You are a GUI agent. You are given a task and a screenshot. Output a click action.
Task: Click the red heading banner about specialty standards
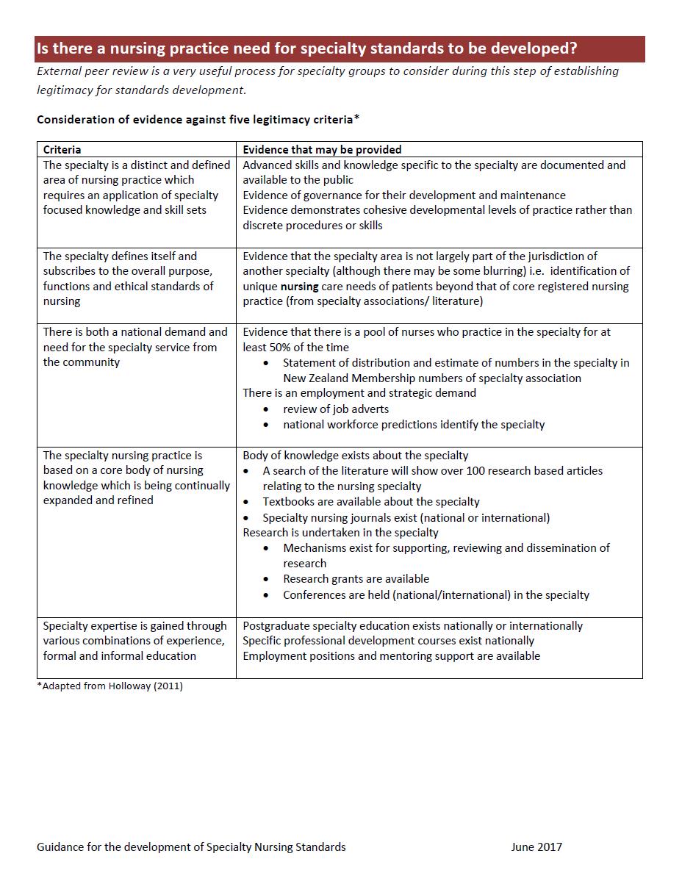(x=340, y=49)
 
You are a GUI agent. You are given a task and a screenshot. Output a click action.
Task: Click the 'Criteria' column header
(x=62, y=149)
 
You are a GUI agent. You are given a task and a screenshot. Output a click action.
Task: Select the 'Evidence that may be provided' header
(x=322, y=149)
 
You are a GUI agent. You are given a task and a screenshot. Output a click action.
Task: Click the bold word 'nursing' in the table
(x=299, y=287)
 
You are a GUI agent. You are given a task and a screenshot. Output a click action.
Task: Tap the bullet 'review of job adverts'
(x=336, y=409)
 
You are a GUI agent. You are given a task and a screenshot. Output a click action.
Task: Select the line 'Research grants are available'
(x=356, y=578)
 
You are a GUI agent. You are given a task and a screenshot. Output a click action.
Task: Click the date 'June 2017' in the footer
(x=536, y=847)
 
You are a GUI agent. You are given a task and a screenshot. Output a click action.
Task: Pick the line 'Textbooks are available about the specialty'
(x=371, y=501)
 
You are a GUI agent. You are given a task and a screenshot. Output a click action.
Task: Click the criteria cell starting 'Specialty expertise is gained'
(x=135, y=640)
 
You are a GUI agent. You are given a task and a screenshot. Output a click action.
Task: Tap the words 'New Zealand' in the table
(x=316, y=378)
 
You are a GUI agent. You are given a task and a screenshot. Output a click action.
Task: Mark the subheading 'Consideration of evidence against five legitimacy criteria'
(x=197, y=119)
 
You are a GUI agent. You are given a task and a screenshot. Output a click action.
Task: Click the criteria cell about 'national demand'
(x=135, y=347)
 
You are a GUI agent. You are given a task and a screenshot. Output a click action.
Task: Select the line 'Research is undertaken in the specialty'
(x=340, y=532)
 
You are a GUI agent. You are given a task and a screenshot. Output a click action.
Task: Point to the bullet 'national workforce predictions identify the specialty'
(x=414, y=424)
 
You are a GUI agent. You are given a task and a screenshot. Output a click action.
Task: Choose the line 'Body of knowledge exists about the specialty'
(x=355, y=455)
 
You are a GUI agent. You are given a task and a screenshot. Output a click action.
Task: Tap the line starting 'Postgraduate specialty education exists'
(x=412, y=625)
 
